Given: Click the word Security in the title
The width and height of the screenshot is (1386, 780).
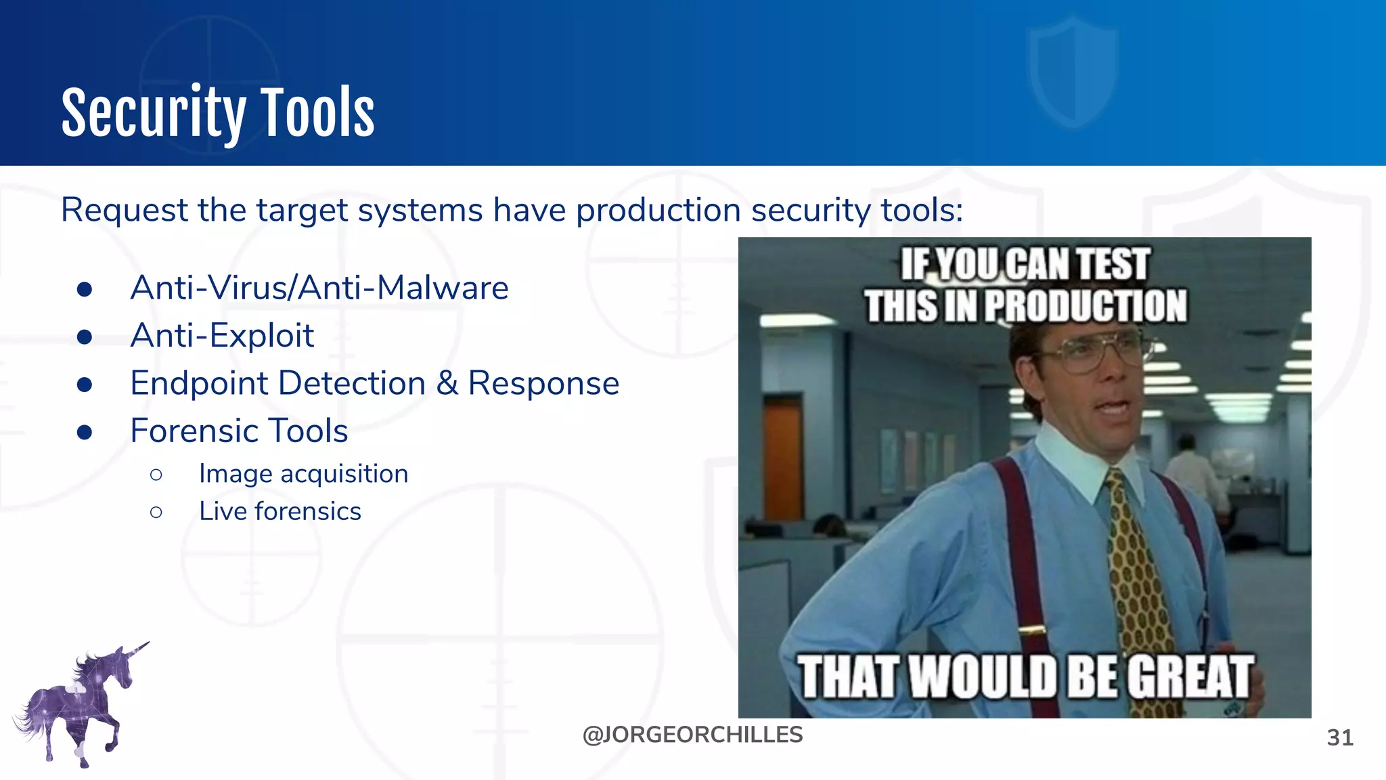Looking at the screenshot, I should point(153,114).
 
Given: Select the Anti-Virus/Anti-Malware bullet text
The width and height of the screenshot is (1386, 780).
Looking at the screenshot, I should point(319,288).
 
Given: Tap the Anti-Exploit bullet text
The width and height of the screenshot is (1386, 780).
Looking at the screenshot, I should point(222,336).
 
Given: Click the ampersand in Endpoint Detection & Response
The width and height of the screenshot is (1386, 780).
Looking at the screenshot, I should point(447,383).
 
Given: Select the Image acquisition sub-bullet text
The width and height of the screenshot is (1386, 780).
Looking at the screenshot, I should point(303,474).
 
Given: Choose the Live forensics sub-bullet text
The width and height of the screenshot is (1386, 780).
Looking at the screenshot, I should point(280,511).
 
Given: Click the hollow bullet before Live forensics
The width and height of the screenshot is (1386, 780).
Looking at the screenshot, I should point(156,512).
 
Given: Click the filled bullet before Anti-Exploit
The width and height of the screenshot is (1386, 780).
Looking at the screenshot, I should point(85,337).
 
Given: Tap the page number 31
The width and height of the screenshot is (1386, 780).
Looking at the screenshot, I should point(1340,737).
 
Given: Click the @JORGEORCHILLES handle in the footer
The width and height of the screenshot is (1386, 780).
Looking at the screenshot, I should point(692,735).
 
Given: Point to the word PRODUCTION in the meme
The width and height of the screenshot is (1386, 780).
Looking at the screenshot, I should point(1086,306).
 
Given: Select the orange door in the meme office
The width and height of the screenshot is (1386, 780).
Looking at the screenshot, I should point(783,460).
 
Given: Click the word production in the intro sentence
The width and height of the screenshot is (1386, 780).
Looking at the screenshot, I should point(658,210).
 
